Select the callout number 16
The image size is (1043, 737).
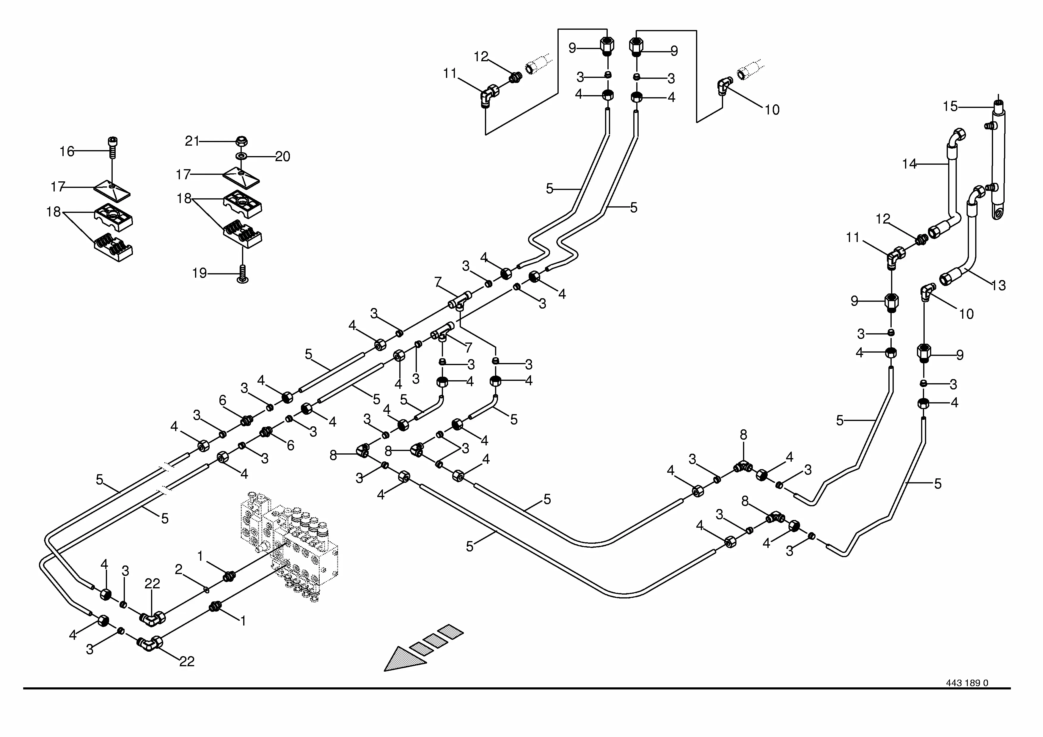pos(67,151)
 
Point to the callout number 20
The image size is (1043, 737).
pos(282,157)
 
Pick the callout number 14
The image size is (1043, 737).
pos(910,164)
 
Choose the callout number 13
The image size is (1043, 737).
pos(998,286)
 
